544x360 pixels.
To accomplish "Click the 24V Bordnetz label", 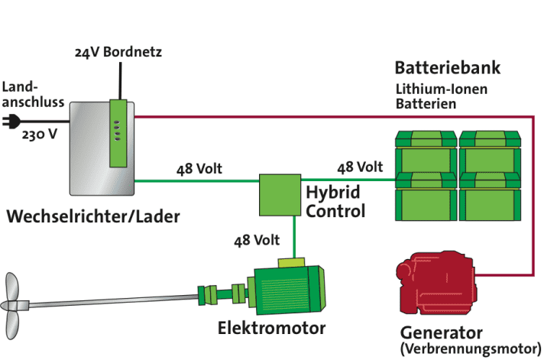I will tap(118, 53).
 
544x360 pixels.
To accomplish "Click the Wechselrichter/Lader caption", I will tap(93, 217).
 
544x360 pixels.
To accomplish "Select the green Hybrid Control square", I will tap(279, 194).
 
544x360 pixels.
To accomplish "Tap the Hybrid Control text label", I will tap(335, 201).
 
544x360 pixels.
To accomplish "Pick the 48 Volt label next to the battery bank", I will tap(359, 167).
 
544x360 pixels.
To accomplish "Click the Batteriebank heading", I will tap(447, 68).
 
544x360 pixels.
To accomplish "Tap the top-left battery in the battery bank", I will tap(425, 149).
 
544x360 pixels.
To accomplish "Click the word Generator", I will tap(441, 333).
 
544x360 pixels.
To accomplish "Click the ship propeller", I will tap(15, 306).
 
